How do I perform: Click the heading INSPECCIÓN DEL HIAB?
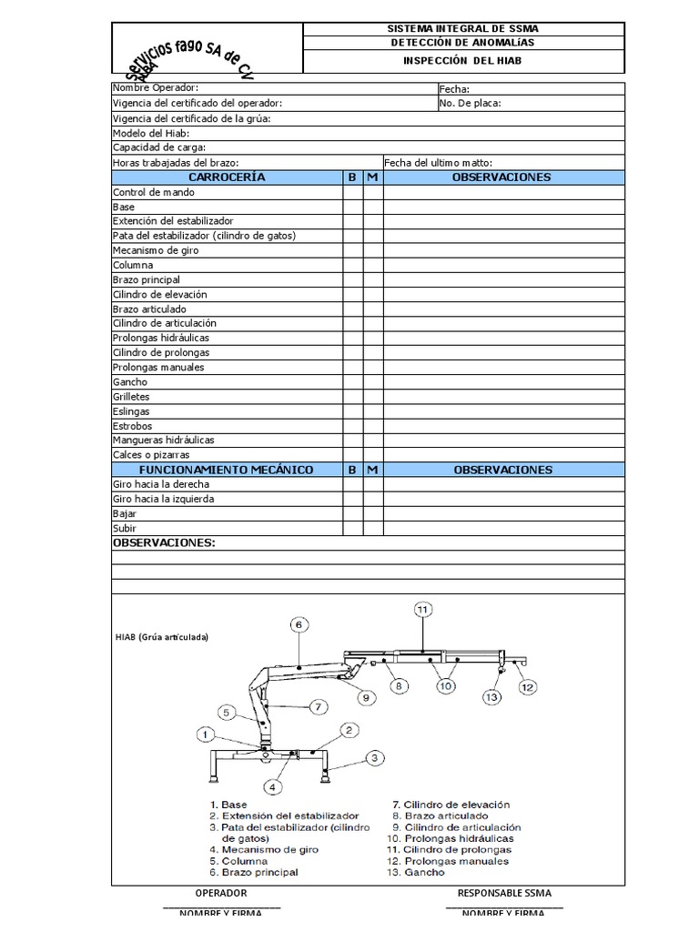point(462,61)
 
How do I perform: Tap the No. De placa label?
point(470,103)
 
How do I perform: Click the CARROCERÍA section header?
point(226,177)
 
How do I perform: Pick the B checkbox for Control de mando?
point(352,192)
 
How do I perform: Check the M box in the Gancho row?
point(373,382)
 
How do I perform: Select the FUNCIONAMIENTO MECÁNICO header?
point(226,470)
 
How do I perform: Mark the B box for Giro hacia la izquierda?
point(352,499)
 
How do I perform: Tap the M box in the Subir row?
point(373,528)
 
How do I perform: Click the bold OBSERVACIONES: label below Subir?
point(164,542)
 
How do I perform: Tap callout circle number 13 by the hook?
point(492,697)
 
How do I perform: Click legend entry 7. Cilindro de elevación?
point(451,805)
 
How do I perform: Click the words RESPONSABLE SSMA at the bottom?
point(504,893)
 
